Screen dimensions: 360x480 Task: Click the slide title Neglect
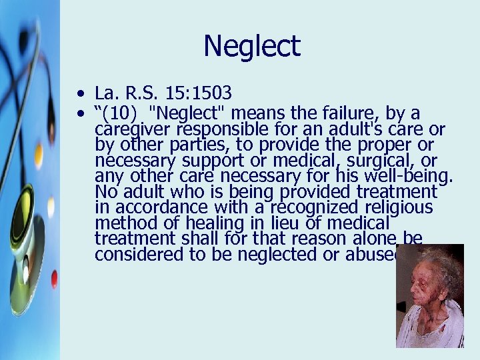[x=252, y=47]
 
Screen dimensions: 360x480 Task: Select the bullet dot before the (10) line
[x=80, y=113]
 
